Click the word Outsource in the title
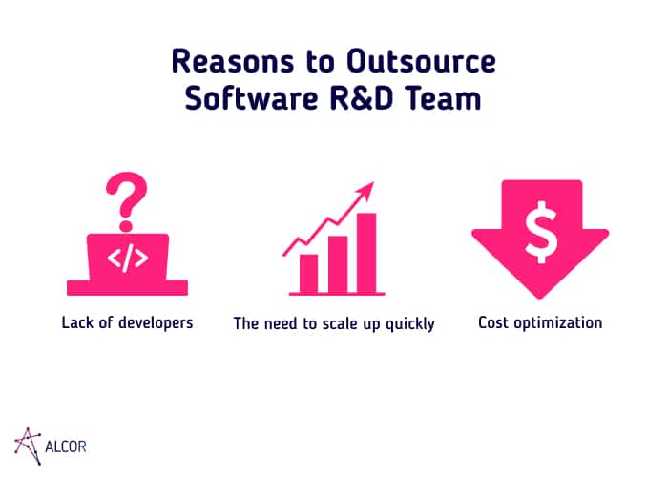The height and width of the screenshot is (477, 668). (421, 61)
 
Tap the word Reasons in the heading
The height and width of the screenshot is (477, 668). (233, 61)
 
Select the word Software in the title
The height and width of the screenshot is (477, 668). (251, 98)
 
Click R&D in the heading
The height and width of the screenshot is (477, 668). (361, 98)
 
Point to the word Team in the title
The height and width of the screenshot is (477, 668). (443, 98)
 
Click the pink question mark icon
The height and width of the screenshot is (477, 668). (127, 201)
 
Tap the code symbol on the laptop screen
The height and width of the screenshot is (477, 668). (127, 259)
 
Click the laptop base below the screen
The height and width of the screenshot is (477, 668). (127, 287)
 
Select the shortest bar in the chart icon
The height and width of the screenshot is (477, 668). (309, 274)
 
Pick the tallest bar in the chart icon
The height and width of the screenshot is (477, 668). (366, 253)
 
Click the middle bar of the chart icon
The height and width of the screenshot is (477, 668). (338, 264)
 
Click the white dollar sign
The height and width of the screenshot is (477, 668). (541, 232)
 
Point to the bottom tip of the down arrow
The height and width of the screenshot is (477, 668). (540, 298)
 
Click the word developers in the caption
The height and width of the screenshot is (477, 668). (156, 322)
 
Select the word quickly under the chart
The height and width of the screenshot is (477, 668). (410, 324)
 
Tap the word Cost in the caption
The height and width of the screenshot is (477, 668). (493, 322)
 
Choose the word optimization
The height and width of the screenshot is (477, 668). (558, 323)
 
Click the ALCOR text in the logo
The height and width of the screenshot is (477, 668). (66, 446)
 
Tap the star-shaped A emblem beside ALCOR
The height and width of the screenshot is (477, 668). (28, 446)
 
